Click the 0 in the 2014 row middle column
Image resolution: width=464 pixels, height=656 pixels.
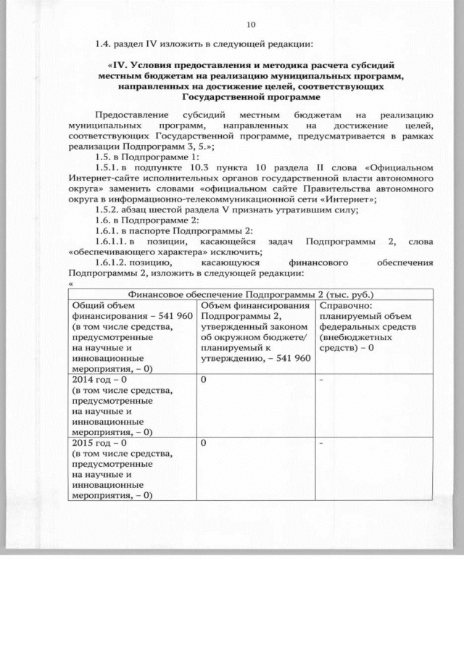pyautogui.click(x=204, y=379)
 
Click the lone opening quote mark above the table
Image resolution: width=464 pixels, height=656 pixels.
pyautogui.click(x=71, y=283)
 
